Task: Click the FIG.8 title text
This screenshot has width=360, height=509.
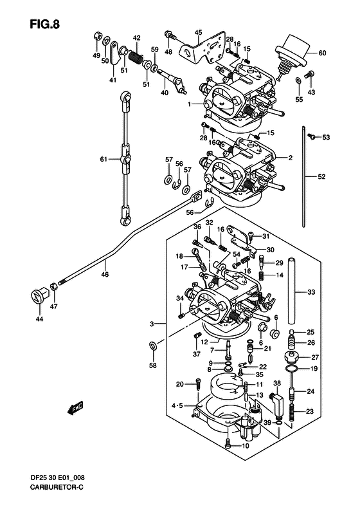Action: (45, 24)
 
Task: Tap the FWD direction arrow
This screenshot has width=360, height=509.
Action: (75, 408)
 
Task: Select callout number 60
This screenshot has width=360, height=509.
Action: (322, 53)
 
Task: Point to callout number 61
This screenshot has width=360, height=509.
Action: (104, 160)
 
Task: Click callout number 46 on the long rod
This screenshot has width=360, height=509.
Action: (104, 274)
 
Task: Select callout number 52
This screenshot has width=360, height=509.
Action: (321, 176)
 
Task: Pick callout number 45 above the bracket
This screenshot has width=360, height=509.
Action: (198, 32)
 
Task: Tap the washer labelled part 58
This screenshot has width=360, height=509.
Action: (153, 346)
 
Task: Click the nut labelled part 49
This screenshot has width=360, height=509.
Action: (97, 35)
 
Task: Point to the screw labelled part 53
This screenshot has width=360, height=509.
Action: (312, 136)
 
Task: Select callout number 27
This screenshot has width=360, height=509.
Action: (314, 357)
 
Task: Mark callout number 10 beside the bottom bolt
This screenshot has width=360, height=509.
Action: (246, 446)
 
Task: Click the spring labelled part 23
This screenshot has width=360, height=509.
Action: (292, 412)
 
